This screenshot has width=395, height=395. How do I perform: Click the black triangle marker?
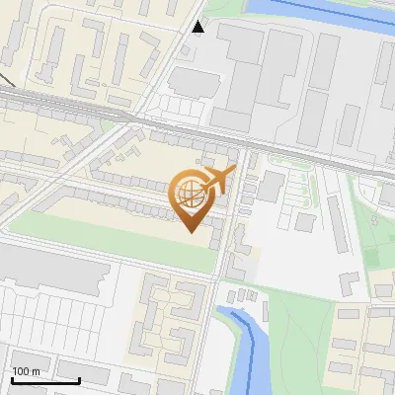(198, 27)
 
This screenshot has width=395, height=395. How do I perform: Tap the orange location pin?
(192, 198)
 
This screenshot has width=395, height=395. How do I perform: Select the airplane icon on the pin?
(218, 181)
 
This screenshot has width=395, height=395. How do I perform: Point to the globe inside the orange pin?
(190, 194)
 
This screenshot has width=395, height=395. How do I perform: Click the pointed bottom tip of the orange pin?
(192, 230)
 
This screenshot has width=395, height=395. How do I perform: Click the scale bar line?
(45, 380)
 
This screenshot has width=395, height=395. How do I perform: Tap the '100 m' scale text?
(27, 371)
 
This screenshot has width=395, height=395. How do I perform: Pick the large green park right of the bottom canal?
(306, 346)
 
